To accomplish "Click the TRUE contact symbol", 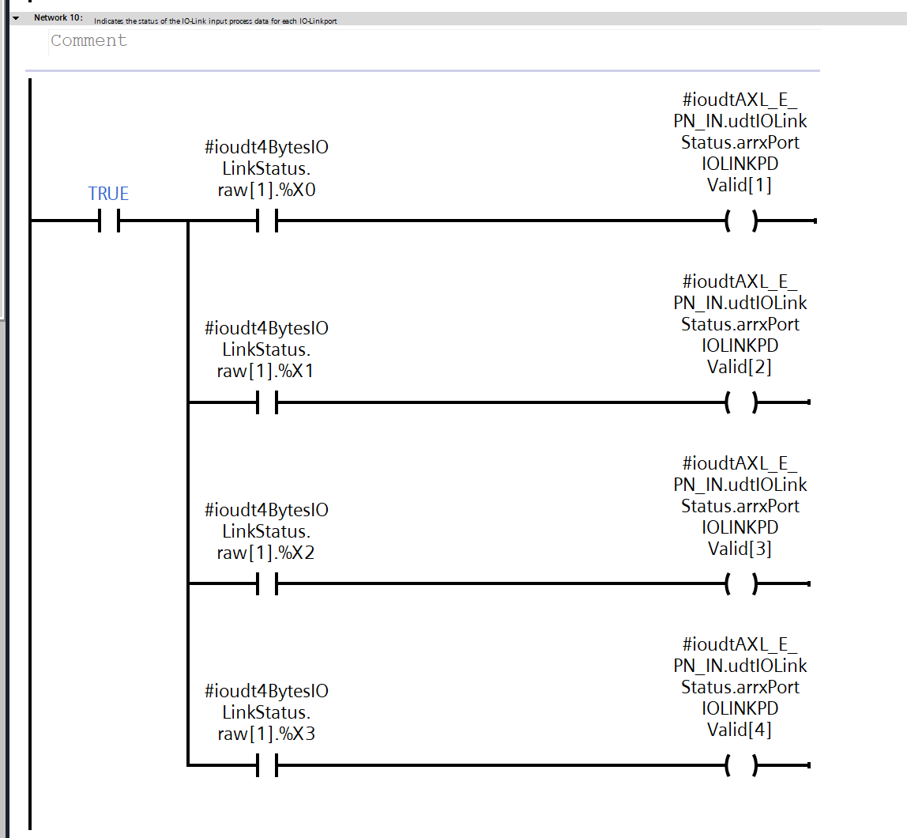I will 109,222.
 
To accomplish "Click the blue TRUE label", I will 108,194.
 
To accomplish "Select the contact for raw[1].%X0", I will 267,222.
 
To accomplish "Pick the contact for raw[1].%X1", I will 267,403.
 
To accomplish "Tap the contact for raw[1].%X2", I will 267,585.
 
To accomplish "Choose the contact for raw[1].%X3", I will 267,766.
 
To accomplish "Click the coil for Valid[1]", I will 740,222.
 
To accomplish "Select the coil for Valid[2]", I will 740,403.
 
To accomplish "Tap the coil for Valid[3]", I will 740,585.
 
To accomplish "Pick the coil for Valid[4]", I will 740,766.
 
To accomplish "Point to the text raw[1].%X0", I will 266,190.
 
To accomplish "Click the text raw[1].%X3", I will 266,734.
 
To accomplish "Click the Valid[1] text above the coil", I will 740,185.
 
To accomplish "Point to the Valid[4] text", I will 740,729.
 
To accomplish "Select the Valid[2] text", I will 740,367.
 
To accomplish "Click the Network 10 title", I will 58,18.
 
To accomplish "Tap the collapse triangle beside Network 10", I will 15,18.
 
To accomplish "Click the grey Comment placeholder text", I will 88,41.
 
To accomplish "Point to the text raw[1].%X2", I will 266,553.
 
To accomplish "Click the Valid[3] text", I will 740,548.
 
